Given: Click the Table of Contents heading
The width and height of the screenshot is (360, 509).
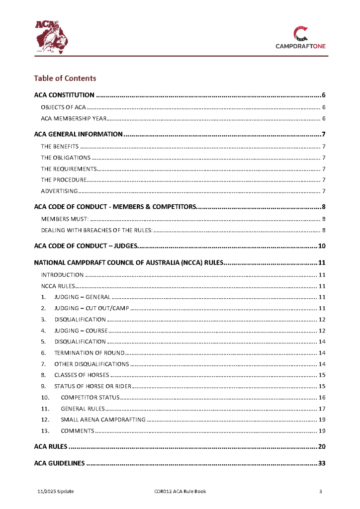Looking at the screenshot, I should [65, 78].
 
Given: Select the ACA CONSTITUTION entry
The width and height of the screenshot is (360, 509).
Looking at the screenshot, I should [64, 95].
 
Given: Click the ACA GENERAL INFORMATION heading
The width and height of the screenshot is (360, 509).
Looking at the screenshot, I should [78, 134].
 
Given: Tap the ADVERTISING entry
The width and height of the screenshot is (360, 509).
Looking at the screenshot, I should [59, 191].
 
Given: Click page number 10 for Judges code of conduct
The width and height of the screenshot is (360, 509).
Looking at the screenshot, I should [321, 246].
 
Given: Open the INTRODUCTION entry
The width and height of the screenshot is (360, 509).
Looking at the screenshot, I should [62, 275].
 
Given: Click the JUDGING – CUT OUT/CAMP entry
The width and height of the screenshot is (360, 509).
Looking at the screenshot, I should [91, 309].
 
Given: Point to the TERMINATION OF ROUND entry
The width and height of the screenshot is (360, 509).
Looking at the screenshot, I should [89, 353].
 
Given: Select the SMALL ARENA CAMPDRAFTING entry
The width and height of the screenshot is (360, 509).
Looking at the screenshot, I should [103, 420].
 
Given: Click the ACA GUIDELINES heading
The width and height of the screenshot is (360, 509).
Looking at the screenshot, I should [59, 464].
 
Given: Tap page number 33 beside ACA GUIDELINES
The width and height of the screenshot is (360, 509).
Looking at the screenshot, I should [321, 464].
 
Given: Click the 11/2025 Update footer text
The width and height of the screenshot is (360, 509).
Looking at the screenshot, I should [56, 492].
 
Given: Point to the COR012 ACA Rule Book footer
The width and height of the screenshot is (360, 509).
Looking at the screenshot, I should [180, 492].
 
